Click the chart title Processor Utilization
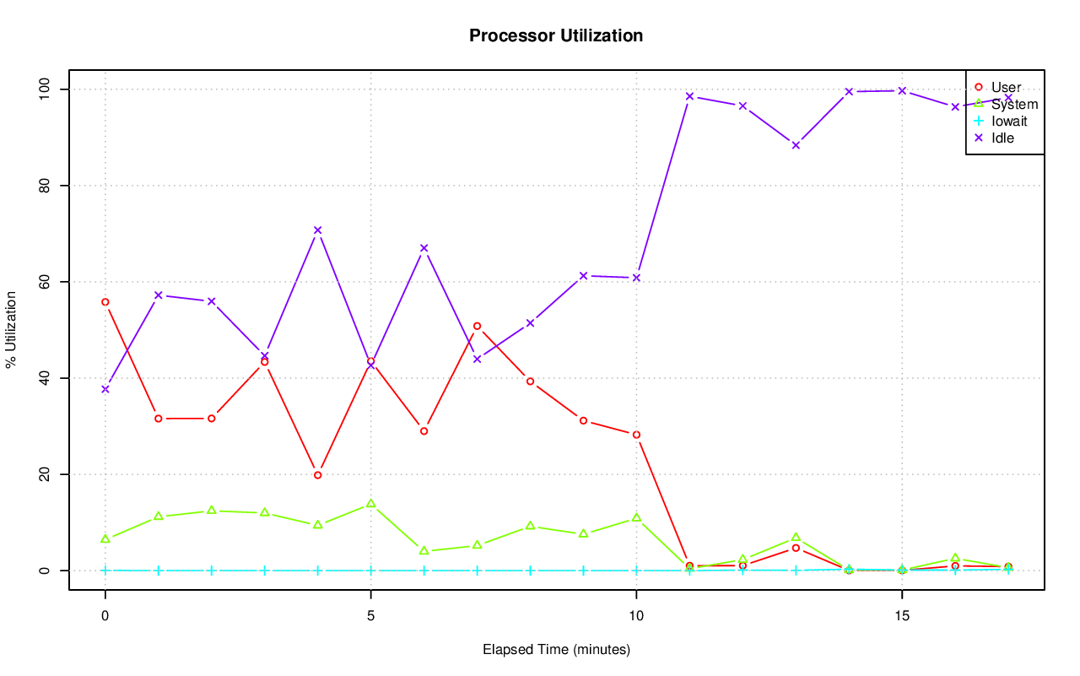[x=556, y=35]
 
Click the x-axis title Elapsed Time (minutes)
[x=556, y=650]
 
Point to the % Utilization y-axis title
[x=11, y=329]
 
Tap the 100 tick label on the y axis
[x=45, y=89]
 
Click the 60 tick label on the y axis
[x=45, y=282]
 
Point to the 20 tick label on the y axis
[x=45, y=474]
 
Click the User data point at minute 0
[x=105, y=302]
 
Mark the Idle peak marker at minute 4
[x=318, y=230]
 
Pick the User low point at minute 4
[x=318, y=475]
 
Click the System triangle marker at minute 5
[x=370, y=504]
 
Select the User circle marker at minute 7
[x=478, y=326]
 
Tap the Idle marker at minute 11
[x=689, y=96]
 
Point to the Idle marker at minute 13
[x=796, y=145]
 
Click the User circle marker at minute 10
[x=636, y=435]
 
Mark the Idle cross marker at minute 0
[x=105, y=389]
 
